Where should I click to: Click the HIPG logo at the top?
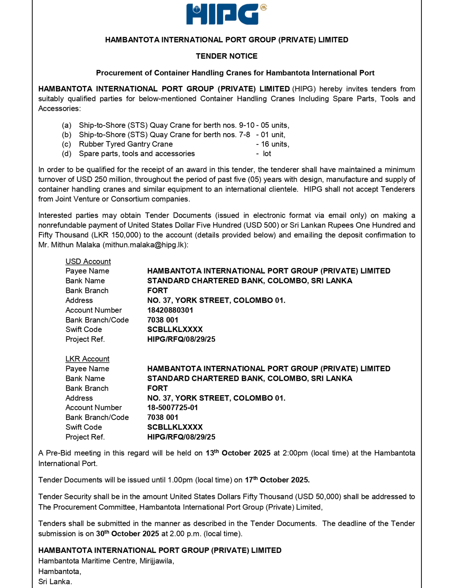coord(226,14)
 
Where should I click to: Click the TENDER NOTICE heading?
coord(227,56)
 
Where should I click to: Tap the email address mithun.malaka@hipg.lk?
coord(145,245)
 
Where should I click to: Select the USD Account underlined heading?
coord(88,261)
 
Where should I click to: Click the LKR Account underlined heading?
coord(87,359)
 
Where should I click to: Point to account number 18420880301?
coord(170,310)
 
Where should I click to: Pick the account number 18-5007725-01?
coord(173,408)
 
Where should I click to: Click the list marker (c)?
coord(67,144)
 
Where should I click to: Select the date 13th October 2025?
coord(238,453)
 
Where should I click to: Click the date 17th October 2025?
coord(277,480)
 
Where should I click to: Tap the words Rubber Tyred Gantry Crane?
coord(126,144)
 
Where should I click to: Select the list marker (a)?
coord(67,125)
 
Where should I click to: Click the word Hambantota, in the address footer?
coord(60,571)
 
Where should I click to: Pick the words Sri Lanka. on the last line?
coord(55,582)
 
